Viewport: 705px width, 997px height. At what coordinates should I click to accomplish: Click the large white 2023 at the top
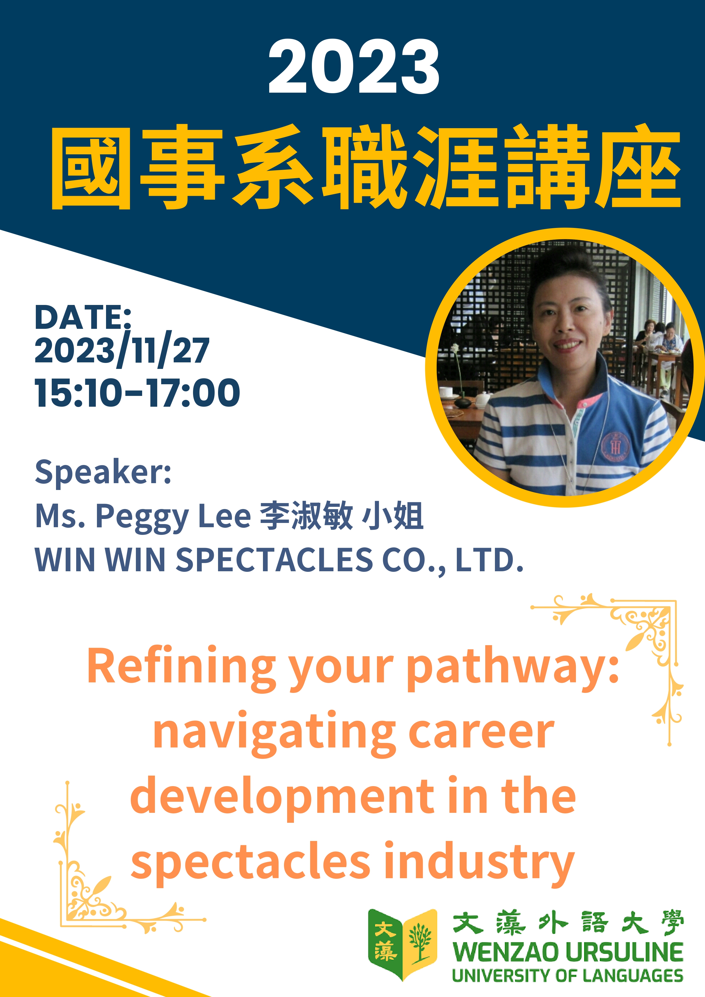(354, 67)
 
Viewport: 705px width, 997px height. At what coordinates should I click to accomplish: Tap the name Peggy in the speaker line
(142, 518)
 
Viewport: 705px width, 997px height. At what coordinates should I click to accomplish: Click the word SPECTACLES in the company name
(274, 559)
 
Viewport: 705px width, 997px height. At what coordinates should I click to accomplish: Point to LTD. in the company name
(489, 560)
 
